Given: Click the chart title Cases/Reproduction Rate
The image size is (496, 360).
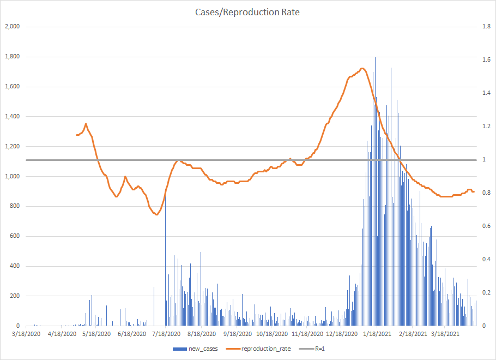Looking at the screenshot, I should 247,12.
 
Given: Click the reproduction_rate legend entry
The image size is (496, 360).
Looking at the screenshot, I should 258,349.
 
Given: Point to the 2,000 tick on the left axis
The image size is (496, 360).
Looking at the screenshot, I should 12,27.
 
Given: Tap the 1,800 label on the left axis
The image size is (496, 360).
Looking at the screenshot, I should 12,57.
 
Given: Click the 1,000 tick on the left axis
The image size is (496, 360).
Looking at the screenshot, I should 12,176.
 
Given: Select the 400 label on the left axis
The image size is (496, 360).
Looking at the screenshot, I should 15,266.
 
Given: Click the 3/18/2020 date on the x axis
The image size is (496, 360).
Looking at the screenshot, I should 26,334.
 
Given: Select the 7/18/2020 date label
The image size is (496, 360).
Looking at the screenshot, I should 166,334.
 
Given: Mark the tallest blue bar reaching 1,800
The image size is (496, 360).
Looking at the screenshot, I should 375,58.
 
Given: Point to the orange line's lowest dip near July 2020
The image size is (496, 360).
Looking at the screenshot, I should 156,214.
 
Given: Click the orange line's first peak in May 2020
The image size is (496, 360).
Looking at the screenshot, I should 86,124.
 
